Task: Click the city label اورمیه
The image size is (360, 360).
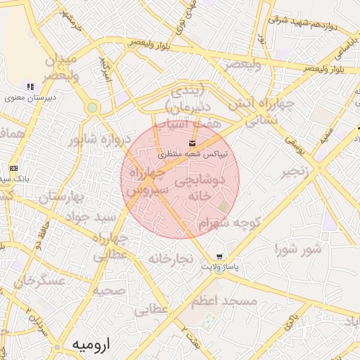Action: coord(90,345)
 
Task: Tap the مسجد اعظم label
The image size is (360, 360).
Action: coord(223,301)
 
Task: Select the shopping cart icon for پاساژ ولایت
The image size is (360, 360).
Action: coord(221,257)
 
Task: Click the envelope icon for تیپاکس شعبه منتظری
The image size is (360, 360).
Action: coord(193,143)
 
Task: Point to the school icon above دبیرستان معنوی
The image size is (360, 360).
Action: coord(30,86)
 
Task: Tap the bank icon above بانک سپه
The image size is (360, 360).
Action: coord(14,168)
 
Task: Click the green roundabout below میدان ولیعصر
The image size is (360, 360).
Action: coord(92,108)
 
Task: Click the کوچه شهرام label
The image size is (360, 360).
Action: coord(229,224)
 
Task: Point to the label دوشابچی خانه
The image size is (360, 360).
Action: coord(205,188)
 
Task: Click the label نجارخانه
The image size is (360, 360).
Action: coord(169,259)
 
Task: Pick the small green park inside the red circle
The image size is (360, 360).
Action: coord(224,205)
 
